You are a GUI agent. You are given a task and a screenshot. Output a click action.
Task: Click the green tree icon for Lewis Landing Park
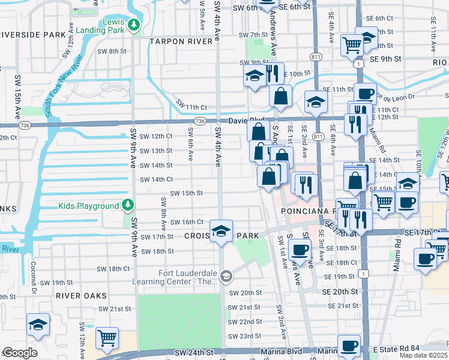pyautogui.click(x=135, y=25)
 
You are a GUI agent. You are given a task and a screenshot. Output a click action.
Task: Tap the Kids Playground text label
pyautogui.click(x=89, y=206)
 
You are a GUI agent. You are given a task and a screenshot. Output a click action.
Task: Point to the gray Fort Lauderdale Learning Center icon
pyautogui.click(x=226, y=276)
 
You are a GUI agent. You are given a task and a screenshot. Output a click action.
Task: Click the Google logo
pyautogui.click(x=19, y=353)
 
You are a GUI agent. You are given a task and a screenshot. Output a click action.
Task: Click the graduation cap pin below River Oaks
pyautogui.click(x=38, y=325)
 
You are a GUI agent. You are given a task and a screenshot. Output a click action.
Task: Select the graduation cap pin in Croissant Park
pyautogui.click(x=221, y=232)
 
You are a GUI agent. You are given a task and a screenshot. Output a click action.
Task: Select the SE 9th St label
pyautogui.click(x=385, y=59)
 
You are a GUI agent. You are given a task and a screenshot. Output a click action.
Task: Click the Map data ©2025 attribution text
pyautogui.click(x=423, y=355)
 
